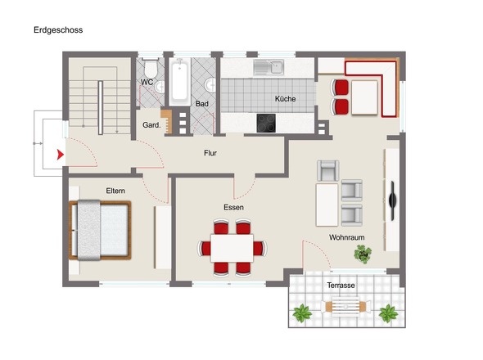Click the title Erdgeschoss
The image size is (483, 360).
tap(58, 29)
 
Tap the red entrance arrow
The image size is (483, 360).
tap(58, 152)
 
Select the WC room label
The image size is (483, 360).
tap(147, 82)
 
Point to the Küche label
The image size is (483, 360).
tap(284, 99)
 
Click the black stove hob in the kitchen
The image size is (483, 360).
tap(267, 123)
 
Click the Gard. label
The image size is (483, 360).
tap(151, 125)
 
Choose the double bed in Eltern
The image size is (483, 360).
tap(99, 228)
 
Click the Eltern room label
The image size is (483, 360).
tap(115, 191)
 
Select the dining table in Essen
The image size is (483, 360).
tap(236, 246)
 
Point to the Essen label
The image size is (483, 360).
tap(233, 207)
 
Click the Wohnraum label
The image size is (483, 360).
tap(346, 237)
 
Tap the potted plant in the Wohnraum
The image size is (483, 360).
tap(361, 254)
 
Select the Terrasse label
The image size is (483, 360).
tap(341, 285)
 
